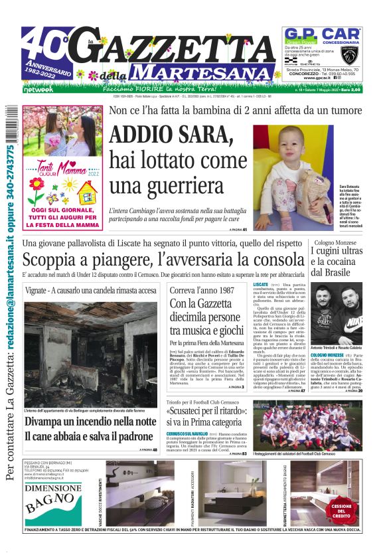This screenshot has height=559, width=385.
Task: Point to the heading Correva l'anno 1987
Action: [200, 290]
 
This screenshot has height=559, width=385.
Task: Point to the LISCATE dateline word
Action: [261, 284]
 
